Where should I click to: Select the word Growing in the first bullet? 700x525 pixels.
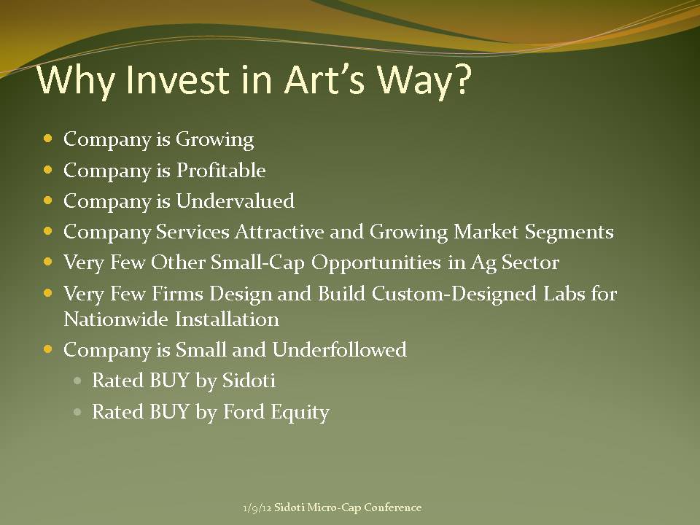coord(214,140)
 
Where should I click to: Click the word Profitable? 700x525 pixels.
coord(221,170)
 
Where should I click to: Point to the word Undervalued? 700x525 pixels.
coord(236,201)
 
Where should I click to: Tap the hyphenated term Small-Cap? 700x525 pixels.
coord(257,262)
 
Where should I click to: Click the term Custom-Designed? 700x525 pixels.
coord(454,294)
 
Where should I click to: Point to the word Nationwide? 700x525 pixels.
coord(116,319)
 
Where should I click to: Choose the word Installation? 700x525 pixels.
coord(227,319)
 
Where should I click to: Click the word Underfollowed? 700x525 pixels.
coord(339,349)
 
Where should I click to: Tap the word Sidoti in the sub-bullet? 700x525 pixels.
coord(249,381)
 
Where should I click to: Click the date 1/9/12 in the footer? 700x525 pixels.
coord(257,508)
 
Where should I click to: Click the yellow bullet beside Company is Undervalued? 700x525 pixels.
coord(48,201)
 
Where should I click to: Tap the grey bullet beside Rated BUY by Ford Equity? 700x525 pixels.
coord(78,411)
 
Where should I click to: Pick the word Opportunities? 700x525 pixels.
coord(376,263)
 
